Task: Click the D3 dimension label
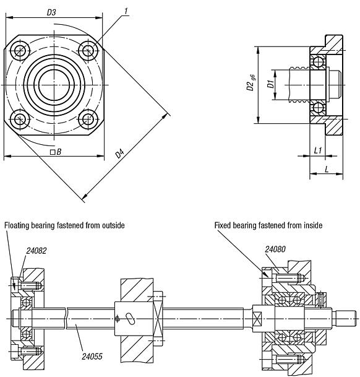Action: (x=52, y=12)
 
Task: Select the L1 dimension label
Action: (x=318, y=150)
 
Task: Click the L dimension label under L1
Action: (x=326, y=169)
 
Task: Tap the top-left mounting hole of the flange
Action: (x=20, y=49)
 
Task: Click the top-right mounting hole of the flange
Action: (x=89, y=49)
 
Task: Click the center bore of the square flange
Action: (x=54, y=84)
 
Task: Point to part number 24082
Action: (x=36, y=251)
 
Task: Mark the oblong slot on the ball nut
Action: (x=131, y=318)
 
